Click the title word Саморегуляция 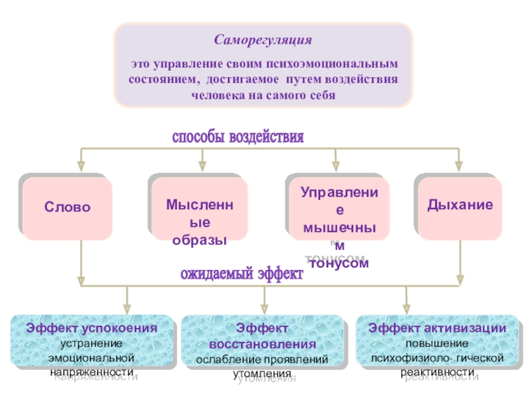coord(263,40)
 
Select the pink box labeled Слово coord(67,207)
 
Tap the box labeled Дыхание coord(460,205)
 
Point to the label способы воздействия coord(238,138)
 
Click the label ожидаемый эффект coord(242,274)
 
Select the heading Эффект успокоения coord(91,329)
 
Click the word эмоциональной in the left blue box coord(91,357)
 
